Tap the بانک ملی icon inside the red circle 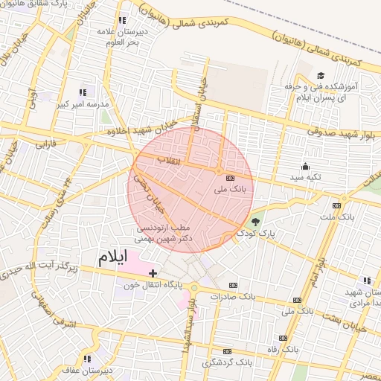pos(228,178)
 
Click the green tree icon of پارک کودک pos(257,222)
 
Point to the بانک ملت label pos(336,217)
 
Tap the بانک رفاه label pos(282,348)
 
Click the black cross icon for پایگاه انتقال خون pos(153,274)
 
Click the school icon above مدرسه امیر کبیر pos(82,93)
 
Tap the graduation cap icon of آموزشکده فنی pos(321,75)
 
